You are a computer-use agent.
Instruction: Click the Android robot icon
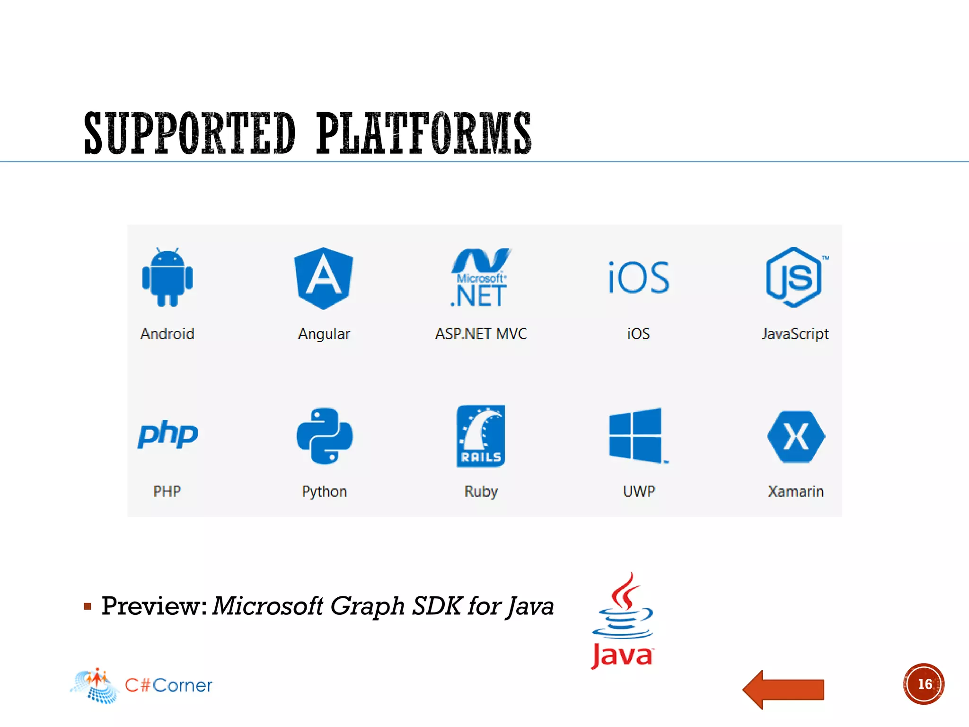[167, 277]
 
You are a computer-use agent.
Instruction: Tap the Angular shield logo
[324, 278]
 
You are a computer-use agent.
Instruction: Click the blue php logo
[168, 434]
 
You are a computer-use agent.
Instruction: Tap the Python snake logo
[325, 435]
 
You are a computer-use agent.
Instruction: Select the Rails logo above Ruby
[481, 435]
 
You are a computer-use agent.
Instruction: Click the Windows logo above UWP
[636, 435]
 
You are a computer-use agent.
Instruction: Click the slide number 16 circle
[924, 684]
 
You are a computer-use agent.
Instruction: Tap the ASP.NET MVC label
[481, 334]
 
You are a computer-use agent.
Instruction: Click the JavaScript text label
[795, 334]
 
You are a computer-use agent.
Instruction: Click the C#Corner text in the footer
[168, 685]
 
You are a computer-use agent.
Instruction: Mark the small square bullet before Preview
[88, 606]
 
